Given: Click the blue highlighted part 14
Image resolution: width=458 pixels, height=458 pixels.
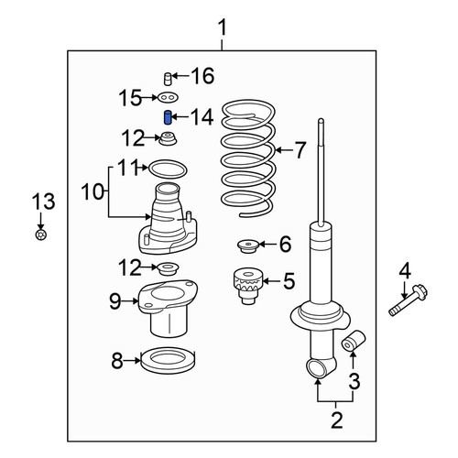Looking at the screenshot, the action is pos(168,117).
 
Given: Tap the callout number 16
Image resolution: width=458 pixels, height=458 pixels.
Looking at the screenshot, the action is pos(202,76).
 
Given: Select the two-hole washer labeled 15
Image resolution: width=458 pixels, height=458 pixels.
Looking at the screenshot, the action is pos(168,98).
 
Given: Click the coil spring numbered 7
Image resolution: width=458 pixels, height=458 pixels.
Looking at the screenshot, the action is pos(248,158).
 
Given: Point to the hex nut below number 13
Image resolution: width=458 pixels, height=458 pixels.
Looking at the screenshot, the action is pos(40,235).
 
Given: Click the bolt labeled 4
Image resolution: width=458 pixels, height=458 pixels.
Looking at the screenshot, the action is pos(409,300).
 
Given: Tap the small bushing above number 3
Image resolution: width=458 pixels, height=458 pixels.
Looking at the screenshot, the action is pos(354,341).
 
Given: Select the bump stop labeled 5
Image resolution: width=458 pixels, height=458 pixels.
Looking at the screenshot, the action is pos(247,286).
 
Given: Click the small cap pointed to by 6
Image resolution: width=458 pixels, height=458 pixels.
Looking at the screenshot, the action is pos(248,245).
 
